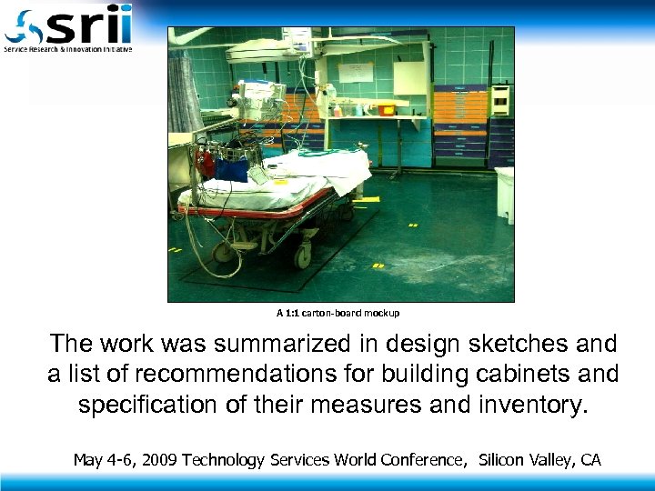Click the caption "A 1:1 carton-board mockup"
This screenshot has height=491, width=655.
(338, 313)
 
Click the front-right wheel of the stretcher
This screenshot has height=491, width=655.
(303, 257)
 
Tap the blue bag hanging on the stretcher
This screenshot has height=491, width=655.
(232, 169)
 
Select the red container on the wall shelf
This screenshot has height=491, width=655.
(387, 110)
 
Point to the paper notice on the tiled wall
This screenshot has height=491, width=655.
(356, 72)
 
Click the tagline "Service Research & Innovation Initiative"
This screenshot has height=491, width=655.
(68, 48)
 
